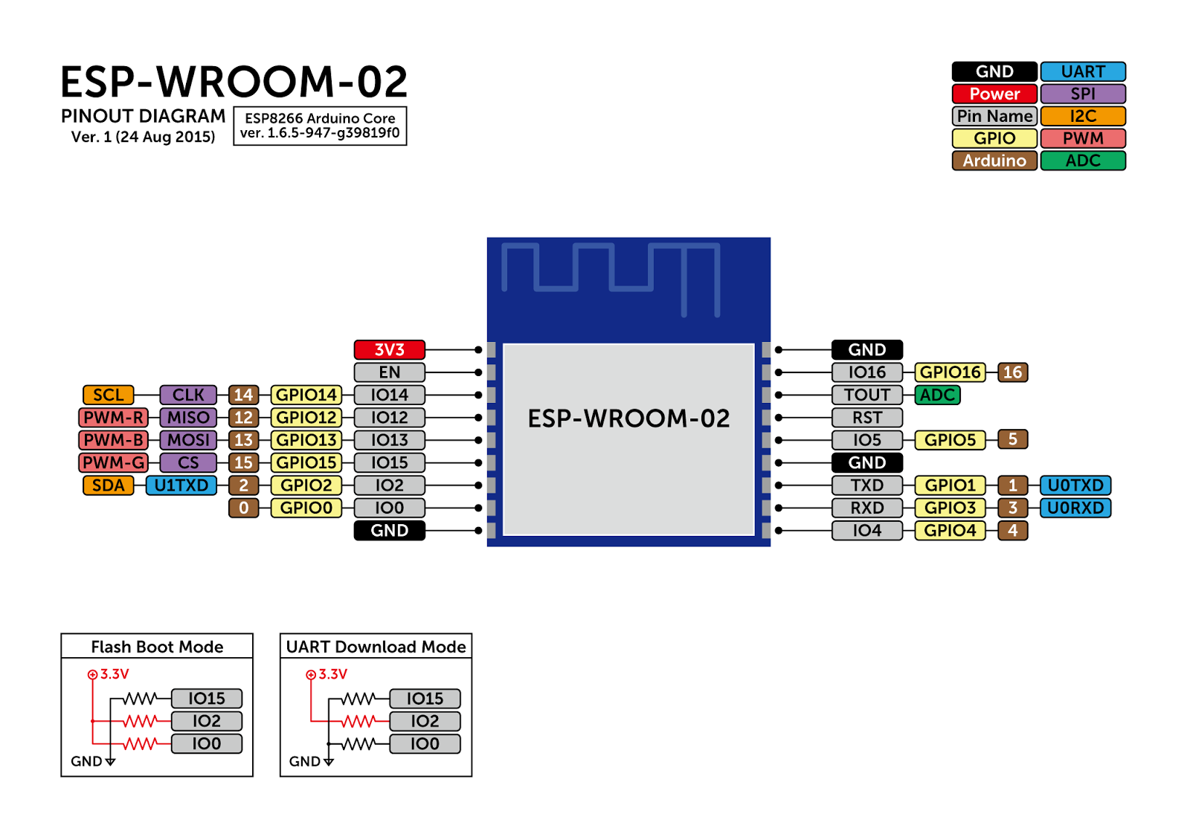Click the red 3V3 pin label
click(x=389, y=349)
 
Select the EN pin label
click(x=389, y=372)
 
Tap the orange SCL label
click(x=109, y=395)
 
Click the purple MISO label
click(x=188, y=418)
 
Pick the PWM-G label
click(x=113, y=462)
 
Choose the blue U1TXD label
click(x=181, y=485)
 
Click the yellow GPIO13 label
click(x=306, y=440)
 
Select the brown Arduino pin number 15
click(x=243, y=462)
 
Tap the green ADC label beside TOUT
click(x=937, y=395)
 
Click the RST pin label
click(x=866, y=418)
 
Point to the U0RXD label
click(x=1075, y=508)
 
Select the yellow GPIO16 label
click(x=950, y=372)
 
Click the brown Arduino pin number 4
click(x=1012, y=531)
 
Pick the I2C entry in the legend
click(x=1083, y=116)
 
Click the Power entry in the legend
click(x=994, y=94)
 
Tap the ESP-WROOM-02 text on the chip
click(x=628, y=419)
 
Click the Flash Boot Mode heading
click(x=157, y=647)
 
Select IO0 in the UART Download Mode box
click(x=425, y=743)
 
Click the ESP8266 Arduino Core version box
click(x=320, y=126)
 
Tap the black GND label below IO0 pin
click(x=389, y=531)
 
